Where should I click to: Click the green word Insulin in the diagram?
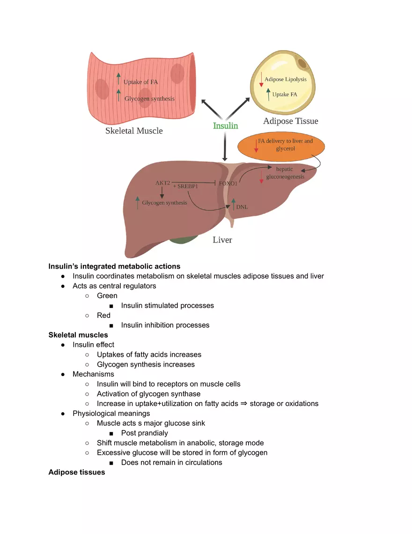point(225,126)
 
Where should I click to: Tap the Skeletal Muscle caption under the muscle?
point(134,131)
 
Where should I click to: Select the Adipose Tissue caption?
point(290,121)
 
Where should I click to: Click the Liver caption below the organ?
point(222,240)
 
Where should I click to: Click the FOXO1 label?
point(228,184)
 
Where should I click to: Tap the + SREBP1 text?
point(185,186)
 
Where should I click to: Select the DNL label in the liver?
point(242,206)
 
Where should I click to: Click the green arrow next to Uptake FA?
point(268,94)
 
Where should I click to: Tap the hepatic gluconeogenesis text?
point(285,173)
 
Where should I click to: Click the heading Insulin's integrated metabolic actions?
point(114,266)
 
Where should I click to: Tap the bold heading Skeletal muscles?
point(78,335)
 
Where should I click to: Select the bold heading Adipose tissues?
point(77,472)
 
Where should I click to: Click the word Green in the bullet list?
point(107,296)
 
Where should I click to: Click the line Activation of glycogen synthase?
point(148,394)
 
